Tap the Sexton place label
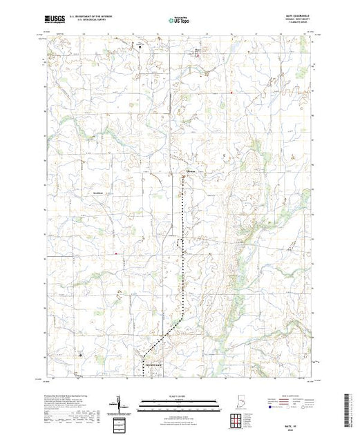pyautogui.click(x=193, y=171)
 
